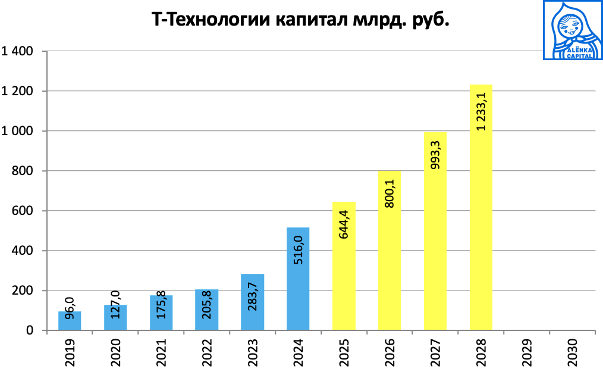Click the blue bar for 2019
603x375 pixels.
(x=70, y=321)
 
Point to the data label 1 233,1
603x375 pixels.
(x=481, y=111)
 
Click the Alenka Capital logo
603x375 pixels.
(x=573, y=30)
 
